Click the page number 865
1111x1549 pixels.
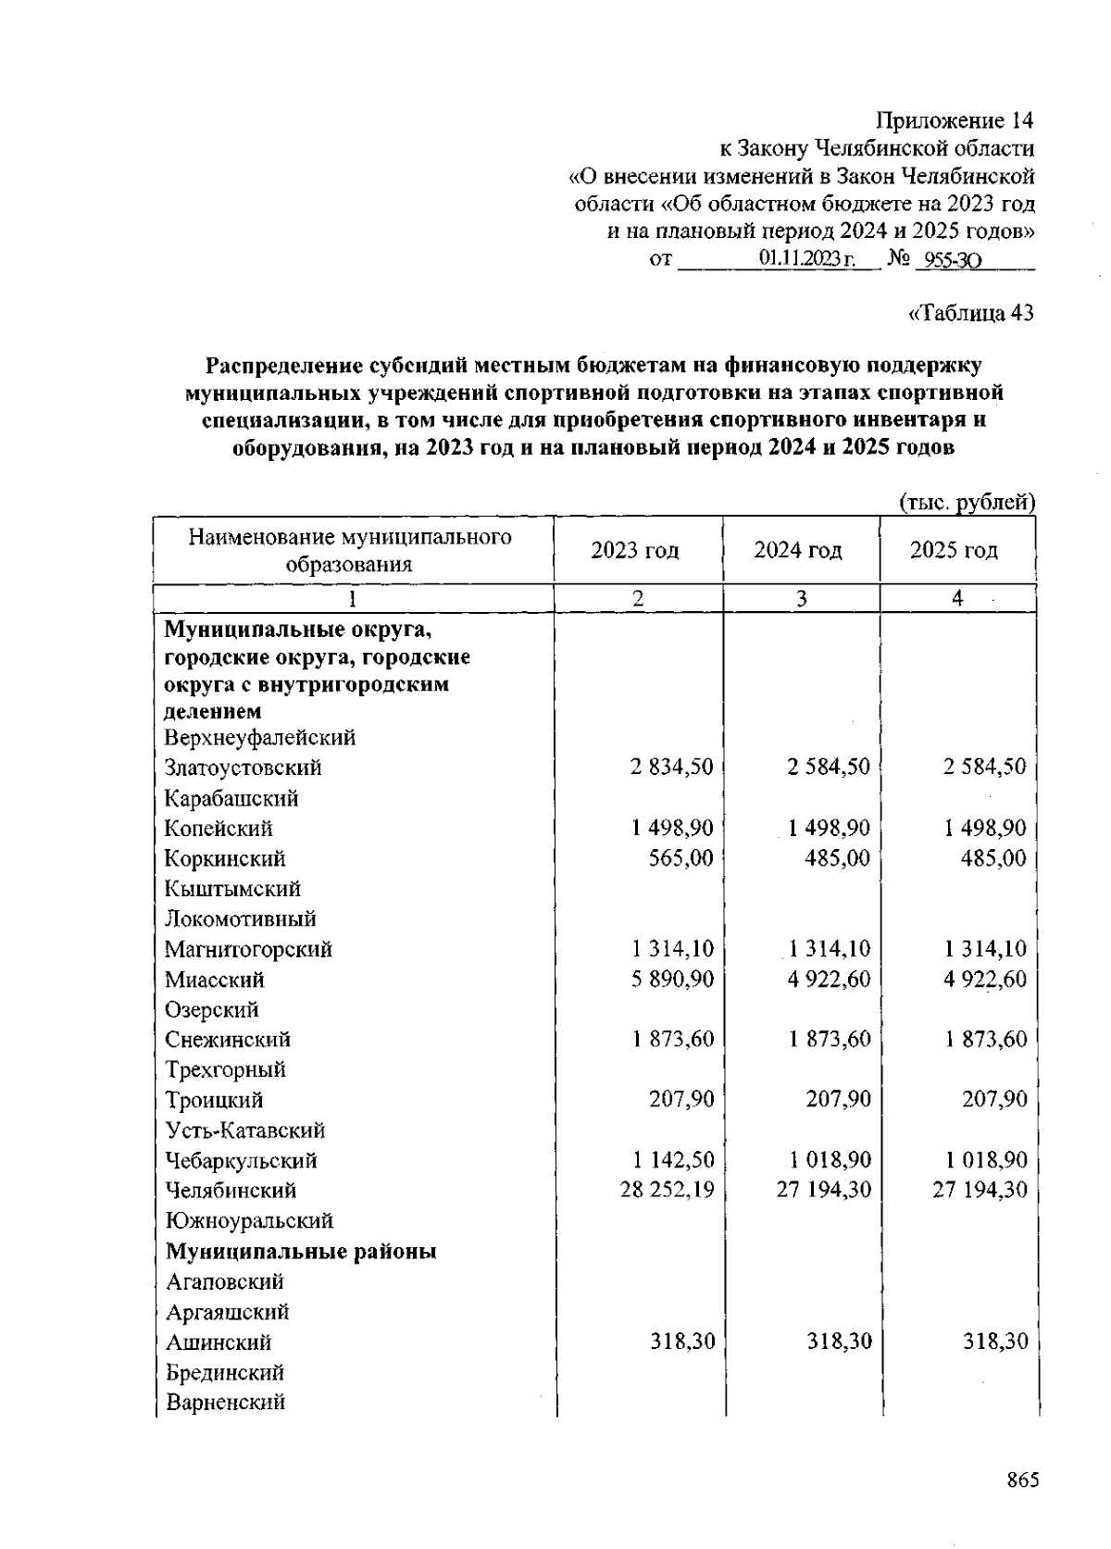[1023, 1480]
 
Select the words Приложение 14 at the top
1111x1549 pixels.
[955, 121]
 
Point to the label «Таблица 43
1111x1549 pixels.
[971, 314]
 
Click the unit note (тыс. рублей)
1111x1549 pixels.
[967, 502]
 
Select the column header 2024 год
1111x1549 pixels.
[798, 551]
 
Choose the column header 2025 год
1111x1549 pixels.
[955, 551]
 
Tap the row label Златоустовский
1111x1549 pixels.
[243, 768]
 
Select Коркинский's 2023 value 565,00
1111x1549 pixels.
[681, 857]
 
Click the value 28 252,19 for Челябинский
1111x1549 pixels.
[667, 1190]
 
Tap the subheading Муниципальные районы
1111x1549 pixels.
[301, 1252]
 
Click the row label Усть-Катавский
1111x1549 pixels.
[244, 1131]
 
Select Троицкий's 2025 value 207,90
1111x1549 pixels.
[993, 1100]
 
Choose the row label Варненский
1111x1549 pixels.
[225, 1402]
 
